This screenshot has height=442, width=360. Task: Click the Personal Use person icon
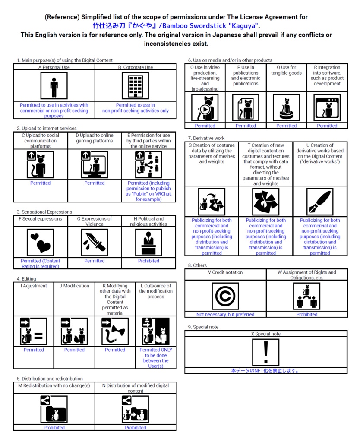54,86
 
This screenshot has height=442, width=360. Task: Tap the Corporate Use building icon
136,86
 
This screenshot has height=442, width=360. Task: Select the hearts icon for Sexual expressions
40,243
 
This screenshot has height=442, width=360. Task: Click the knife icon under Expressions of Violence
95,243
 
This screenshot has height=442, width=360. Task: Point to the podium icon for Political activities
148,243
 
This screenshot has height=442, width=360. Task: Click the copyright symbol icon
225,296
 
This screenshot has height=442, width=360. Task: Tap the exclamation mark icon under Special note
266,352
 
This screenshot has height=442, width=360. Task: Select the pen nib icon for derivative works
320,202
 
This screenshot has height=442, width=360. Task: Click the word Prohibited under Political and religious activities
148,261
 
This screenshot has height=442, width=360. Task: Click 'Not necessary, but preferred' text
225,315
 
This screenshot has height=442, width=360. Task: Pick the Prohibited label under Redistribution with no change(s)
54,428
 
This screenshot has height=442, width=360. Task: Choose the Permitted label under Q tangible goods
287,126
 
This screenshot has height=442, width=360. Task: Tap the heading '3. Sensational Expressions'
44,212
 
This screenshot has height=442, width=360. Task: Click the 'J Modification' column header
74,286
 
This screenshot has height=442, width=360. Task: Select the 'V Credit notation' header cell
225,272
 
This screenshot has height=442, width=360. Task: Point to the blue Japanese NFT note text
265,370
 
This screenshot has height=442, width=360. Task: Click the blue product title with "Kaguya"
176,26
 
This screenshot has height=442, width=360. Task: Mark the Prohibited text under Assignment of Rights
307,315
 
